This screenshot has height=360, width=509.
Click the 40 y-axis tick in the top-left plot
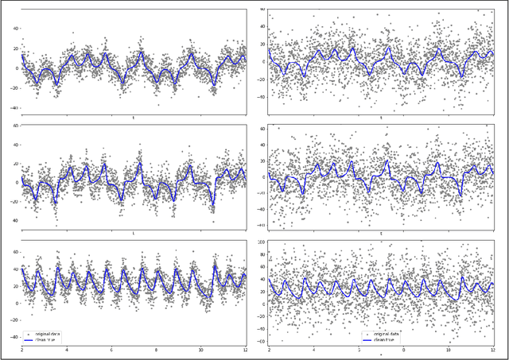click(16, 27)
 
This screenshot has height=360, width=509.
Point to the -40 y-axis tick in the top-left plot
click(15, 107)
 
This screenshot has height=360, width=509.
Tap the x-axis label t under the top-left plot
click(133, 116)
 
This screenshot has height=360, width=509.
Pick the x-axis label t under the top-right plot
click(380, 118)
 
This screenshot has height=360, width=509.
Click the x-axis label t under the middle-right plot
click(380, 234)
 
